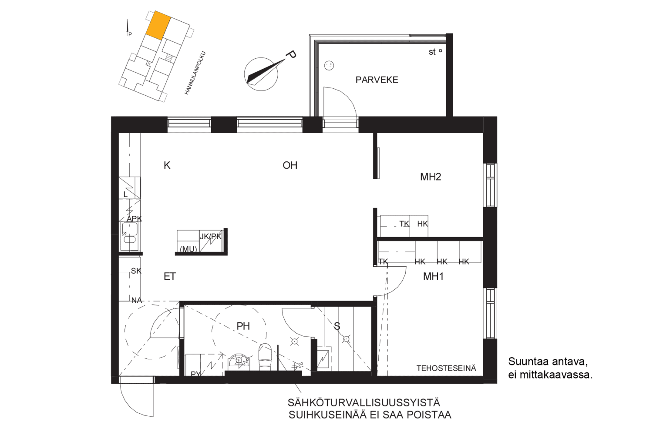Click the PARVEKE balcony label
377,80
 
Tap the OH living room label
290,165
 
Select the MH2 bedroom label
431,177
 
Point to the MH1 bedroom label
433,276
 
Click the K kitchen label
167,165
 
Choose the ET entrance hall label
170,276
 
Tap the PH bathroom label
243,326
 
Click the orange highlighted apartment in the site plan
158,25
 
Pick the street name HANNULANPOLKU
195,73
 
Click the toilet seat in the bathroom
265,357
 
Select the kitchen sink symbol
130,236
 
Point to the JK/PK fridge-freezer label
210,236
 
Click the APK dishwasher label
134,218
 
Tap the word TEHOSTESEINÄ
446,368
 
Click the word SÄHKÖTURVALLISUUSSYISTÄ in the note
364,403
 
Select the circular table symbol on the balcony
329,66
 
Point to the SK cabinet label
136,271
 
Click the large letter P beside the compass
291,54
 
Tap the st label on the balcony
432,52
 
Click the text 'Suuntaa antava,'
548,361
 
